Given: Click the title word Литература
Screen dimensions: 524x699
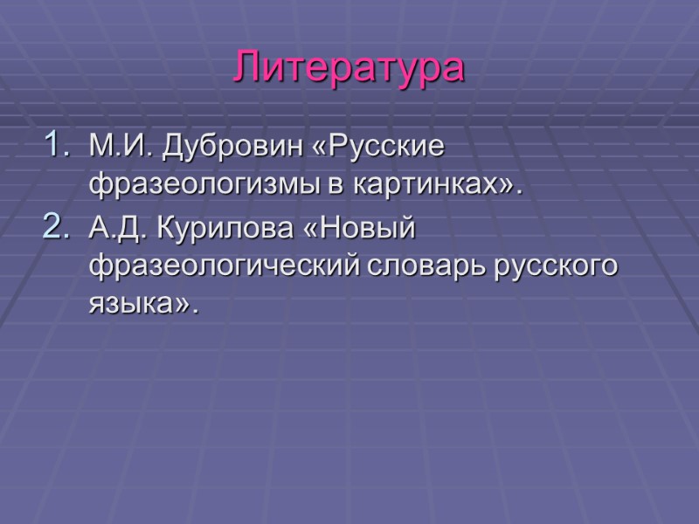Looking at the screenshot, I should coord(349,68).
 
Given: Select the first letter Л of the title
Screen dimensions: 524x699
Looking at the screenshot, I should coord(248,69).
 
